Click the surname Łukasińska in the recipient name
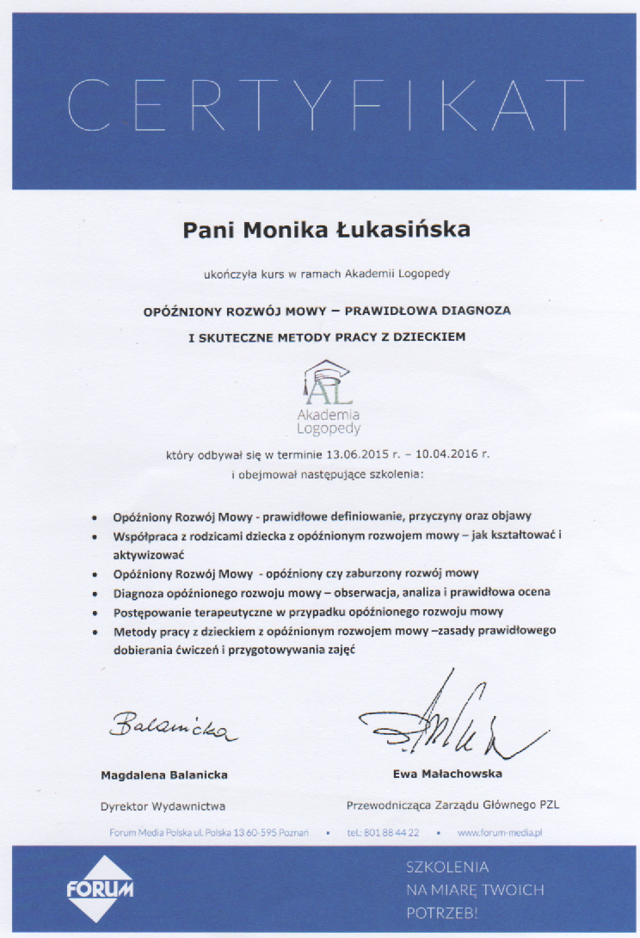point(411,230)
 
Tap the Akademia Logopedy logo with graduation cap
point(328,397)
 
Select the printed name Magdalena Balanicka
point(164,774)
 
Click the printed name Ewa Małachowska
point(447,774)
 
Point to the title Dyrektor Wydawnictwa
point(163,806)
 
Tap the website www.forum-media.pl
point(499,833)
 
